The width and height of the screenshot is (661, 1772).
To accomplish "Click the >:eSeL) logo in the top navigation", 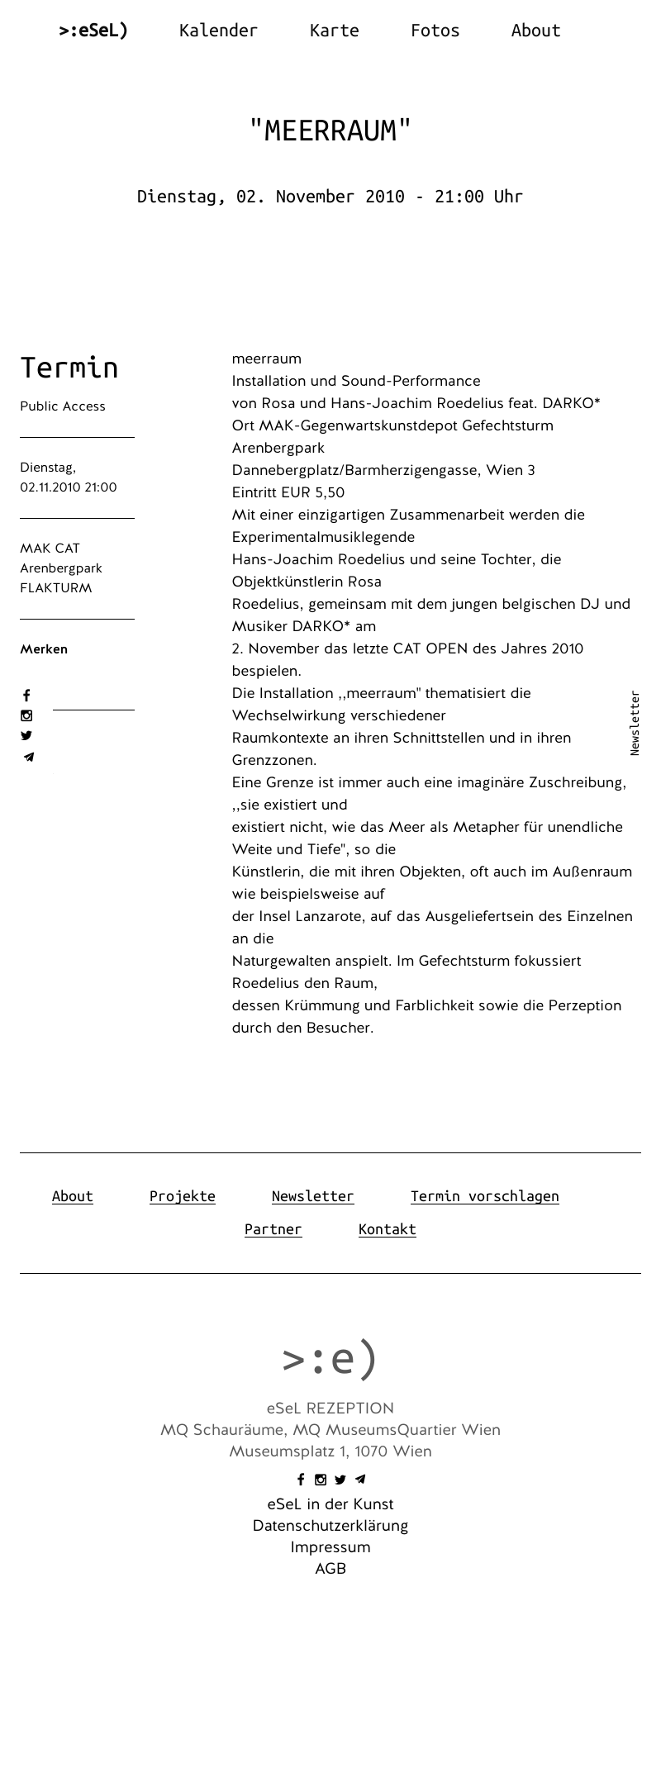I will click(93, 31).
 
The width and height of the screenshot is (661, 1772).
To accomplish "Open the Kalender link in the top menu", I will click(218, 31).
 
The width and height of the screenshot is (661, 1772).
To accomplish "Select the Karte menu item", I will click(334, 31).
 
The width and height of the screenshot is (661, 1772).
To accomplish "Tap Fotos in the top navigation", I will click(435, 31).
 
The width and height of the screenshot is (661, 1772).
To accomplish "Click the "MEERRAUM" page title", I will click(330, 131).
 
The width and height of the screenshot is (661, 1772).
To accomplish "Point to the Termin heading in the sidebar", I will click(69, 368).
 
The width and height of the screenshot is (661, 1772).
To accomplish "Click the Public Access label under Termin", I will click(63, 406).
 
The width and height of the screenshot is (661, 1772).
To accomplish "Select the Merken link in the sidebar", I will click(44, 649).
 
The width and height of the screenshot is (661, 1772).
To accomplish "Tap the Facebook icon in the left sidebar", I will click(26, 696).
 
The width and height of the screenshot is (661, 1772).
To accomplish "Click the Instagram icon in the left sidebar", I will click(26, 715).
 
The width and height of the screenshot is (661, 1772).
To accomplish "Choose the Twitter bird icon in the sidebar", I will click(26, 735).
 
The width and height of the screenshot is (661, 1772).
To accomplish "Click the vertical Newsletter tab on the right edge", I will click(635, 723).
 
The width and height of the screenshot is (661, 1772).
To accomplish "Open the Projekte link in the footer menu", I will click(182, 1196).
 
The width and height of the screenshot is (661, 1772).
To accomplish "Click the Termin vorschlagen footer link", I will click(484, 1196).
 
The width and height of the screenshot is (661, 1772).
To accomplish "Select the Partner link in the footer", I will click(273, 1229).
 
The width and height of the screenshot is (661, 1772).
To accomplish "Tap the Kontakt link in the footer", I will click(387, 1229).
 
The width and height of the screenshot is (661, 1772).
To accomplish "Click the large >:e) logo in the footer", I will click(330, 1359).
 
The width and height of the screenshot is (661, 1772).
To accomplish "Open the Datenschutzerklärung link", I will click(330, 1526).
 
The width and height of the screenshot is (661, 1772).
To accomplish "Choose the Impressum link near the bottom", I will click(330, 1547).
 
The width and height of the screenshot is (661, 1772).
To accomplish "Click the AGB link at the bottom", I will click(330, 1569).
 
